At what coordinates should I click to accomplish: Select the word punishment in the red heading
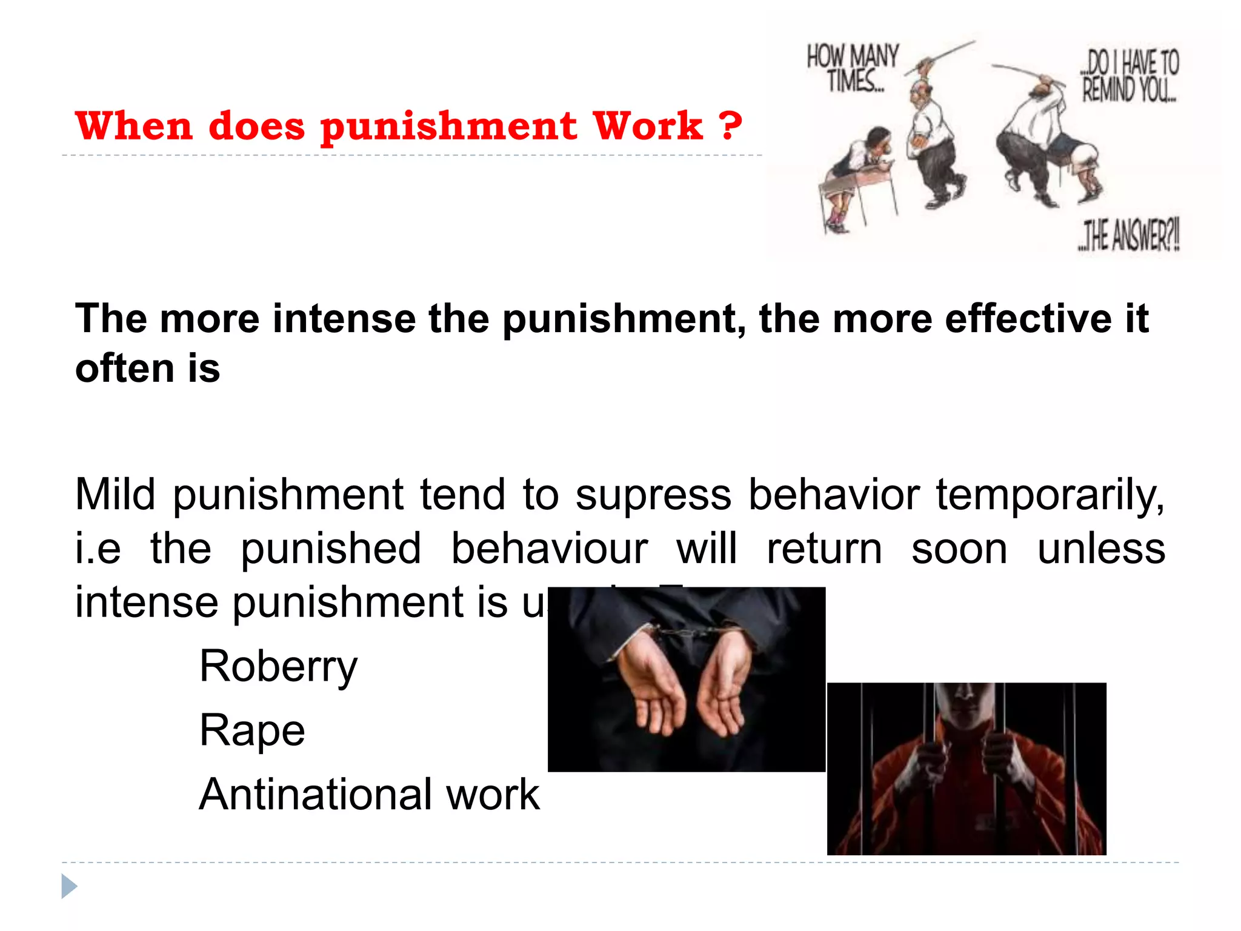pyautogui.click(x=448, y=128)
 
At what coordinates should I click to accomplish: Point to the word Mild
pyautogui.click(x=115, y=495)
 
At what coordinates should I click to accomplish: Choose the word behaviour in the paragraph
pyautogui.click(x=549, y=549)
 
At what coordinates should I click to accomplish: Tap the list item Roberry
pyautogui.click(x=278, y=667)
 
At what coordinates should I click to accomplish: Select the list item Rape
pyautogui.click(x=252, y=731)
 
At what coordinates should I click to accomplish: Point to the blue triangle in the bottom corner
pyautogui.click(x=69, y=887)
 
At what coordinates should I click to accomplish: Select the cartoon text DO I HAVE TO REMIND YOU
pyautogui.click(x=1130, y=76)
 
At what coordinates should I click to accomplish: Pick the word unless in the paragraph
pyautogui.click(x=1101, y=549)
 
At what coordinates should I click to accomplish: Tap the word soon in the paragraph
pyautogui.click(x=959, y=549)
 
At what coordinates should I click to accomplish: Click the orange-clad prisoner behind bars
pyautogui.click(x=967, y=770)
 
